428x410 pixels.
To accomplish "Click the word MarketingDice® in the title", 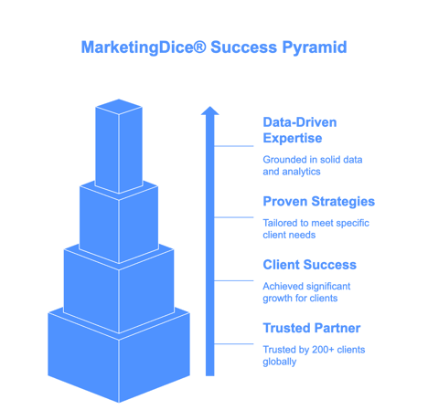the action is [144, 47].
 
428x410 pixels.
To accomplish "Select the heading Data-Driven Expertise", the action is [300, 131].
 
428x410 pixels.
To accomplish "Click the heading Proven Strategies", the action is [319, 202].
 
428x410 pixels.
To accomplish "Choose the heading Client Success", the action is [310, 265].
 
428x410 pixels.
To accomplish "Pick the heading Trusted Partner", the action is [312, 328].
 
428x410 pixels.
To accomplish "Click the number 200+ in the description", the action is [323, 350].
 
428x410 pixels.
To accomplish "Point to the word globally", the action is [280, 362].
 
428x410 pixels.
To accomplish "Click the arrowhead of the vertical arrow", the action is [209, 110].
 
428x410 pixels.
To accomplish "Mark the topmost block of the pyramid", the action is [119, 146].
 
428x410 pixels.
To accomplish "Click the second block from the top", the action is [119, 224].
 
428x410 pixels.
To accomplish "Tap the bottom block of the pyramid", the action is [119, 356].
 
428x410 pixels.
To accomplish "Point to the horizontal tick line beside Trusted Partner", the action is [234, 344].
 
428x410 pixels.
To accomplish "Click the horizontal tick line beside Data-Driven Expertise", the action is [234, 146].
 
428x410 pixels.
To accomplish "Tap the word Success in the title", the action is [244, 47].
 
